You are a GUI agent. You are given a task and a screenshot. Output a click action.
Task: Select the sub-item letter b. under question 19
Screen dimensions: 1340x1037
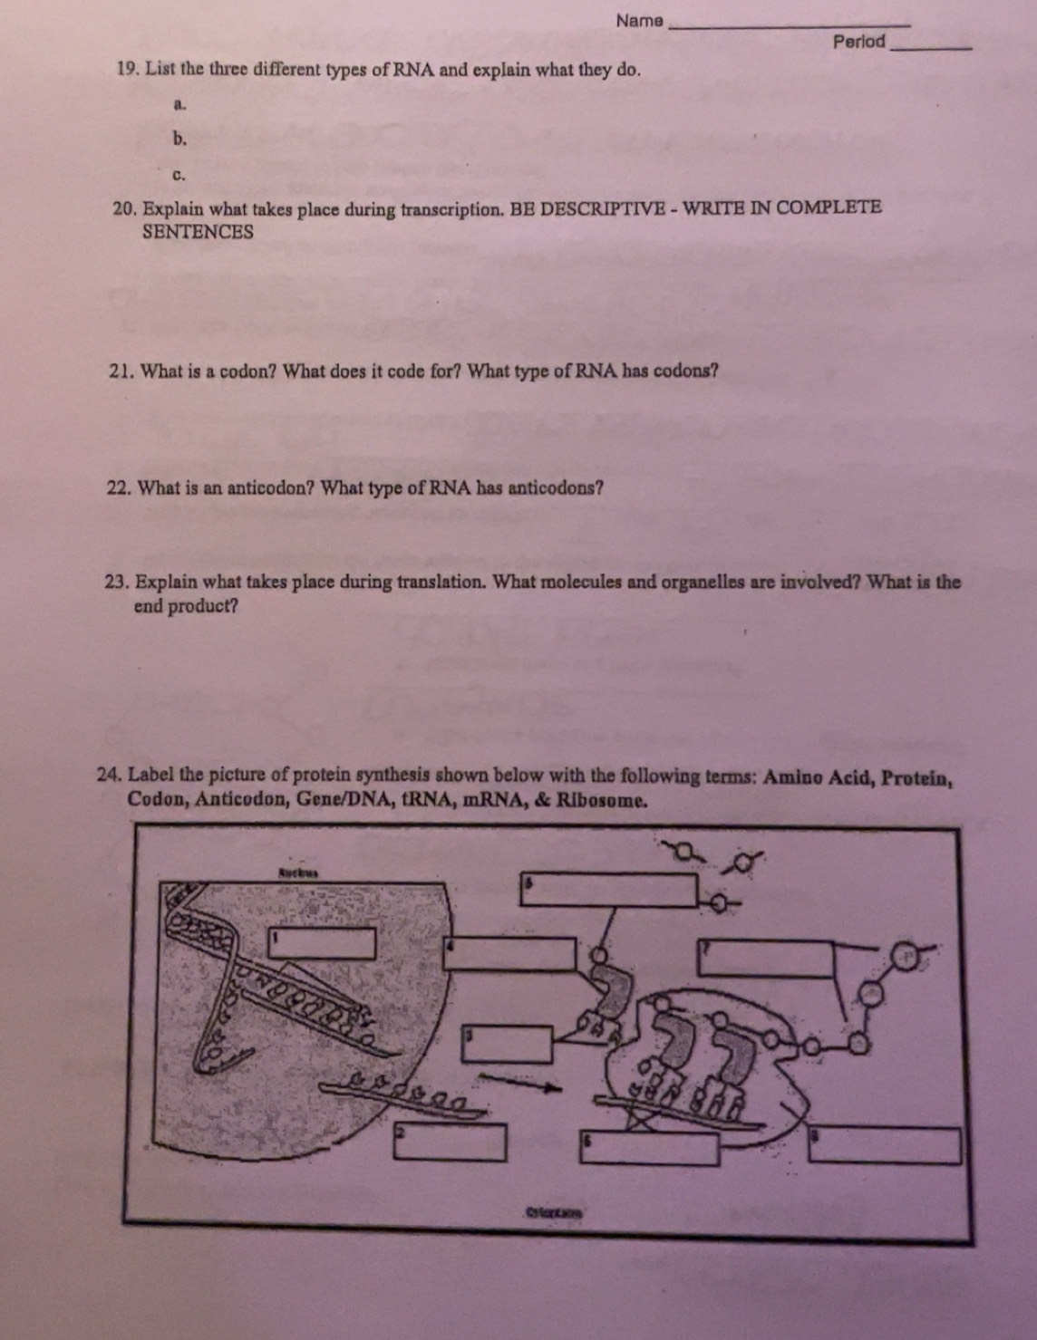tap(180, 139)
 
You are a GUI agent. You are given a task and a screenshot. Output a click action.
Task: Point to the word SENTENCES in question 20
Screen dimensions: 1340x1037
tap(198, 232)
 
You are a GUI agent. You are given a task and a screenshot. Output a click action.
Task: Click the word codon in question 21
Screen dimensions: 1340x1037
tap(248, 371)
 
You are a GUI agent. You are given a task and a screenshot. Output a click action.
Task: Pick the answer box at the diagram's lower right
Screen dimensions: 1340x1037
tap(887, 1146)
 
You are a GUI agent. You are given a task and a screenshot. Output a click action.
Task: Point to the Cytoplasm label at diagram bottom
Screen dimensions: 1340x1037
tap(550, 1210)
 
